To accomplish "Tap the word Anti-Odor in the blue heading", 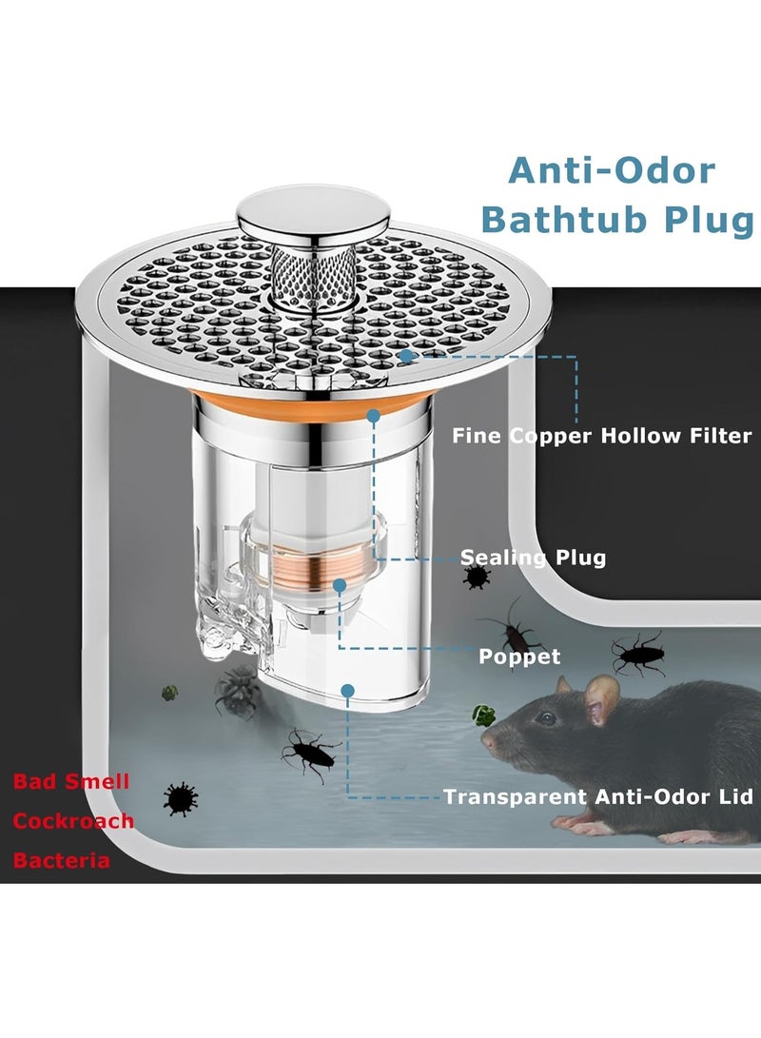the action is (x=612, y=171).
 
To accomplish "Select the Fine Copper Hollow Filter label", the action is (x=602, y=437).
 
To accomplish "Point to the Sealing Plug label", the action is (x=534, y=558).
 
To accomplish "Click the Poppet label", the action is (x=519, y=656).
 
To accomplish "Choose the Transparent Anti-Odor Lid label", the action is (x=598, y=796).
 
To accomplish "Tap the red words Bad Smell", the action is (x=71, y=781).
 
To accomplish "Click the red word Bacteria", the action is (x=62, y=861).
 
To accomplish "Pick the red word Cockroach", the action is (x=73, y=821).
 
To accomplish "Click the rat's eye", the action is (x=545, y=718).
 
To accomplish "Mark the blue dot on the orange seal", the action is (x=373, y=416).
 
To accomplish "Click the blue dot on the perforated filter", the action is (x=405, y=356).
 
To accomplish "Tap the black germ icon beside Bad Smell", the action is (x=181, y=799).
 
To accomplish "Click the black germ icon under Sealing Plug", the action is (x=477, y=577).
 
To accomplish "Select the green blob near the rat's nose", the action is (x=484, y=715).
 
